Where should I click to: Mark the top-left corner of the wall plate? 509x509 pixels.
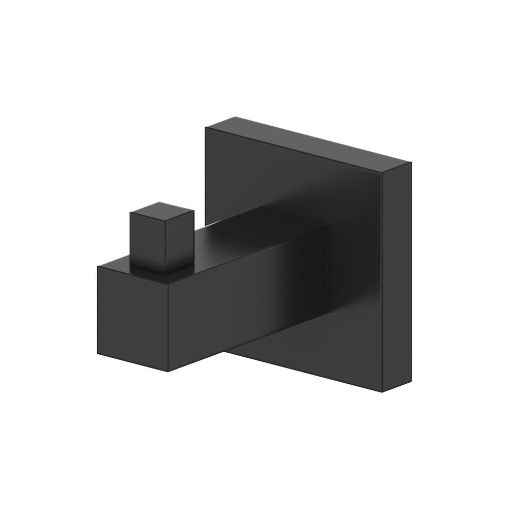point(206,128)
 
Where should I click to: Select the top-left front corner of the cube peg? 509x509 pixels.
point(130,214)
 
